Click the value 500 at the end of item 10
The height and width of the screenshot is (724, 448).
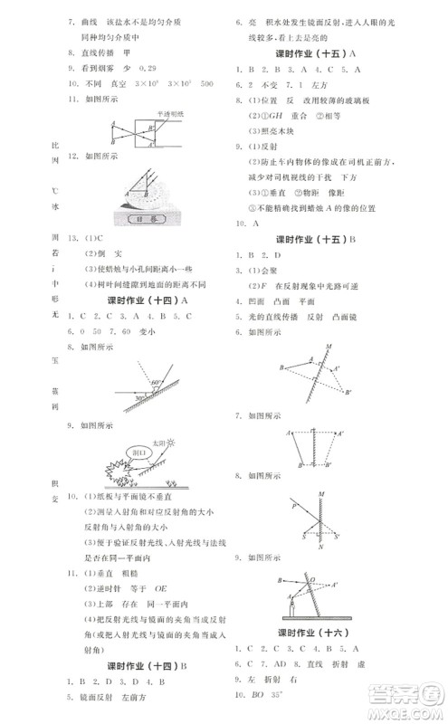[207, 83]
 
